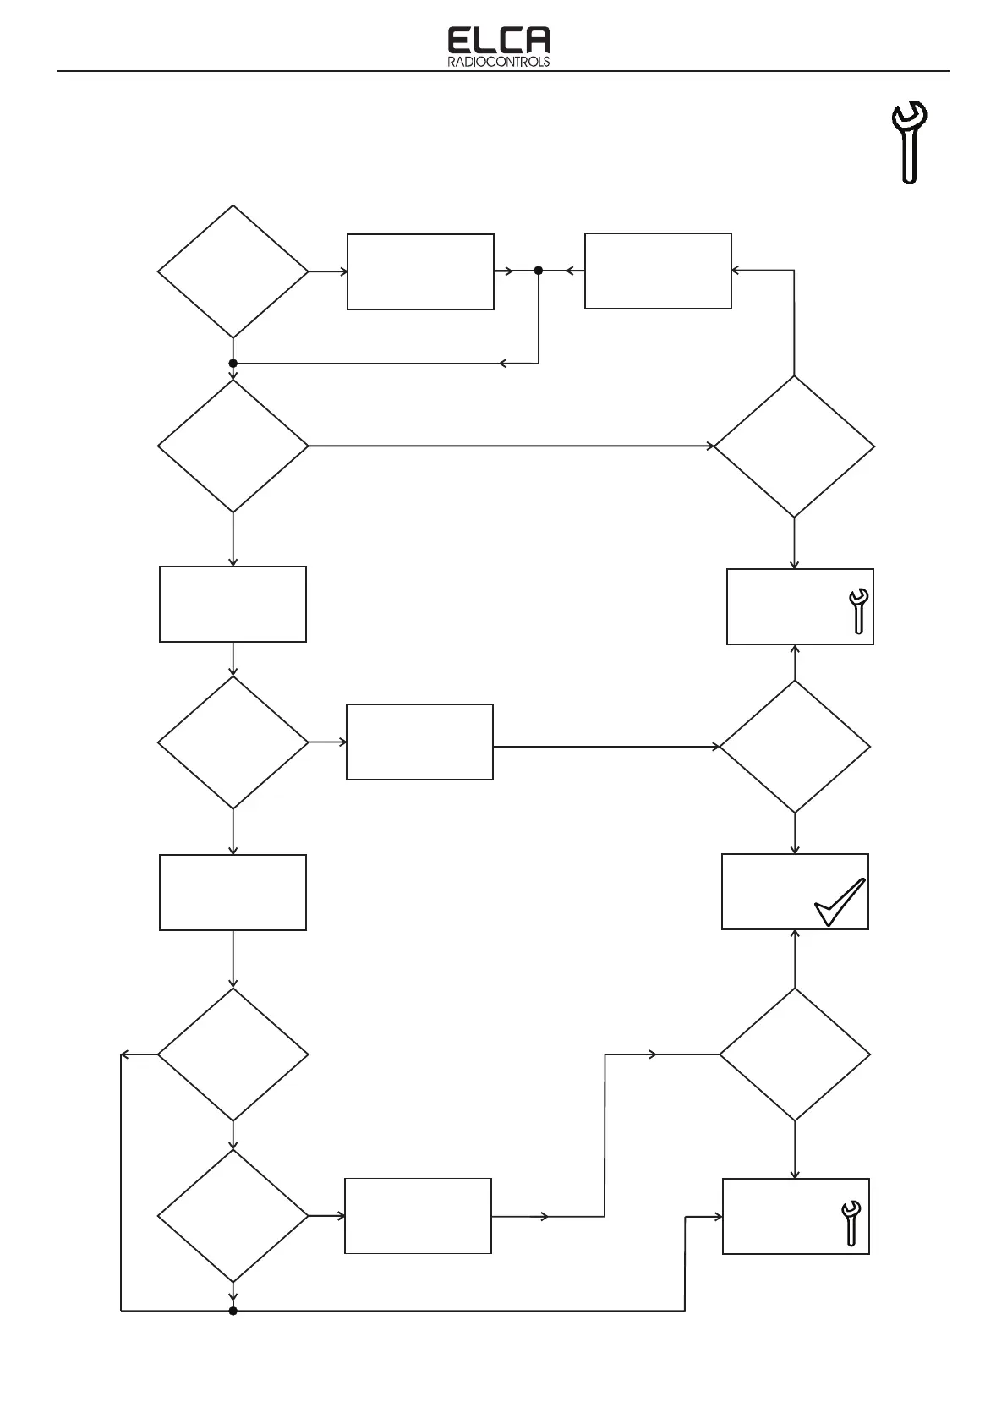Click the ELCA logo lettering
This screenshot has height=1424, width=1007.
point(498,41)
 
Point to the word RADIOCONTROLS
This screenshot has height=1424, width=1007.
point(498,63)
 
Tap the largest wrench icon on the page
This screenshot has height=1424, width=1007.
point(910,141)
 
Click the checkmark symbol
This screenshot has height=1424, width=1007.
point(840,903)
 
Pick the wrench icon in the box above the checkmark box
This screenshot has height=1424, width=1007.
point(857,611)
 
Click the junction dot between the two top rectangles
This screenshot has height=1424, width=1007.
point(539,271)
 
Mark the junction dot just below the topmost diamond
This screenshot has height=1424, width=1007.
point(233,364)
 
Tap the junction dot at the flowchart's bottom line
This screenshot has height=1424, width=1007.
point(233,1312)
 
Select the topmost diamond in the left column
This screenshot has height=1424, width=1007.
point(233,271)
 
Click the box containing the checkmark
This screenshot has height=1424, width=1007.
point(795,892)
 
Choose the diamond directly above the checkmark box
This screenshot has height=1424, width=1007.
point(795,747)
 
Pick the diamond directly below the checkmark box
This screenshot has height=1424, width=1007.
point(795,1054)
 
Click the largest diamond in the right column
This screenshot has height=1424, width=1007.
point(795,446)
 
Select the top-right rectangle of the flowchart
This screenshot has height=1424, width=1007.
point(658,271)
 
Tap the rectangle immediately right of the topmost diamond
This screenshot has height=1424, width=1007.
point(420,271)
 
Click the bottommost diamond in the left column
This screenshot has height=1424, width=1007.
point(233,1216)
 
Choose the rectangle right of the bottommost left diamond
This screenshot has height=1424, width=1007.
point(418,1216)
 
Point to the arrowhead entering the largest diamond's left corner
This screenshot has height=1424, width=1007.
point(711,446)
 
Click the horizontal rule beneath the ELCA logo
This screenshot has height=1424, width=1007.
point(503,72)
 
